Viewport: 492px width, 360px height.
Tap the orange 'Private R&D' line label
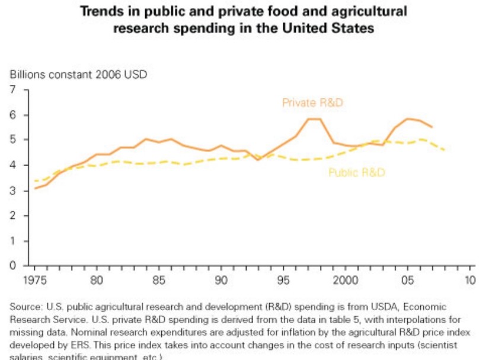tap(313, 103)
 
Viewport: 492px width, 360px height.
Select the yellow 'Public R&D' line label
tap(357, 173)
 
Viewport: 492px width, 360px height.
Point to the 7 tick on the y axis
tap(12, 90)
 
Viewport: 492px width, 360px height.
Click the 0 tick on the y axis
tap(12, 266)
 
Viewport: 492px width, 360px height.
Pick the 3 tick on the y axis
tap(12, 191)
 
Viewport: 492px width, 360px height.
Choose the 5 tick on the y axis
tap(12, 140)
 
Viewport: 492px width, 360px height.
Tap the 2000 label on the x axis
tap(346, 279)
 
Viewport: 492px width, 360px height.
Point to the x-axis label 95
tap(283, 279)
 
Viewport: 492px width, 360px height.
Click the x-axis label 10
tap(470, 279)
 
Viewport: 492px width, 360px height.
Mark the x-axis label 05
tap(408, 279)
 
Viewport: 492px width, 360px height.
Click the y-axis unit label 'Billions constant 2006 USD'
tap(78, 75)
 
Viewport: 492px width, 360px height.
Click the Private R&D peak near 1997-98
tap(314, 119)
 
